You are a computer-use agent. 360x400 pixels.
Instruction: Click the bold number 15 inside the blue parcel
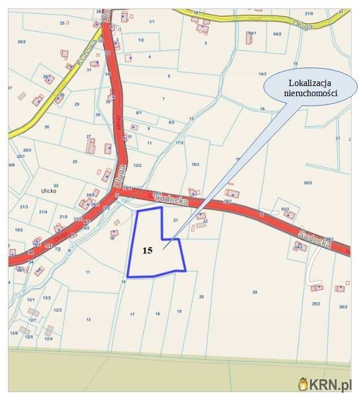click(147, 250)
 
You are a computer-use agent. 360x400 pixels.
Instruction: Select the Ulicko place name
click(49, 191)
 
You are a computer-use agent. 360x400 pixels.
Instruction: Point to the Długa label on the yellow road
click(303, 25)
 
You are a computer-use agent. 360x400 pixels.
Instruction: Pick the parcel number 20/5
click(308, 183)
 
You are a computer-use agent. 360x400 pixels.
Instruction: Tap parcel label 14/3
click(262, 74)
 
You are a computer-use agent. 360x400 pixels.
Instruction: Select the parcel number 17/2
click(179, 143)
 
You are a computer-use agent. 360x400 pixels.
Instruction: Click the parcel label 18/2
click(195, 164)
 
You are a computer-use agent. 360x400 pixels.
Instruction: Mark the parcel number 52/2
click(285, 210)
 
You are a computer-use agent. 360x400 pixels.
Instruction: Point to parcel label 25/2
click(316, 304)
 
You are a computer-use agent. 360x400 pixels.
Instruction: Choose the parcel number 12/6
click(14, 333)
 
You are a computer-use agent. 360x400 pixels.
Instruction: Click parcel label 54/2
click(277, 35)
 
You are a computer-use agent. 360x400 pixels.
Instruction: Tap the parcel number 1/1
click(151, 21)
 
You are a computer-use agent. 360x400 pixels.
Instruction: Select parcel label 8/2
click(171, 122)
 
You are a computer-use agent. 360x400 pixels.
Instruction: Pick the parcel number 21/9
click(324, 13)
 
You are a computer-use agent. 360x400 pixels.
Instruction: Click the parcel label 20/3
click(27, 150)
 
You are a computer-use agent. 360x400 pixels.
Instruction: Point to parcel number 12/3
click(58, 310)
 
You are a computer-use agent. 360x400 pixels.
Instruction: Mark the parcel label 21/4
click(43, 212)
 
